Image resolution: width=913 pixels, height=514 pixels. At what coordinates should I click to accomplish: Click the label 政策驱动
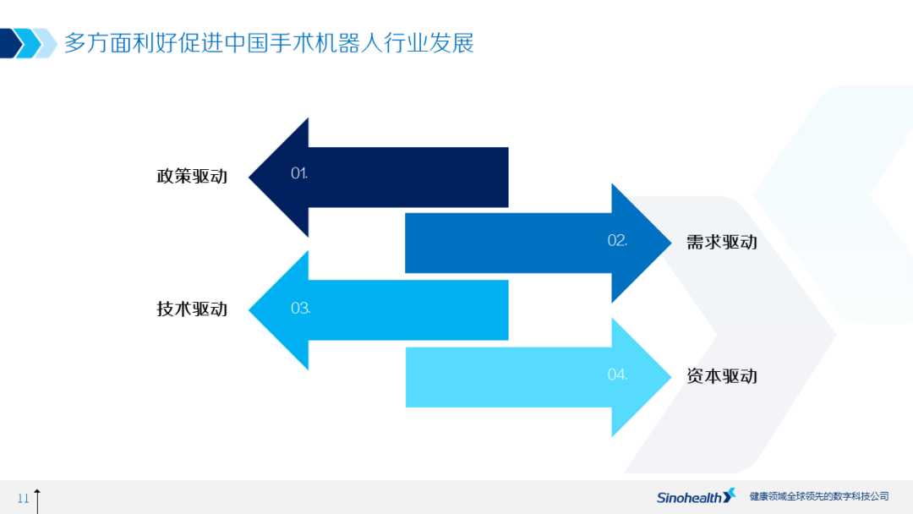click(192, 177)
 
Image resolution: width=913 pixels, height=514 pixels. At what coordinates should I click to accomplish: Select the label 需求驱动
click(721, 242)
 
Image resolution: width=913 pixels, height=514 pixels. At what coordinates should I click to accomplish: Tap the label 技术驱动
click(192, 309)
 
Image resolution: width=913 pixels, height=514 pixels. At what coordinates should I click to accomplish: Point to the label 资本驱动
click(721, 376)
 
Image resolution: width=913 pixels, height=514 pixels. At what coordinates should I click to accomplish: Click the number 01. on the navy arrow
click(299, 173)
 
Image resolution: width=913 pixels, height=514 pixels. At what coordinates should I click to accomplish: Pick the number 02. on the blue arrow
click(617, 240)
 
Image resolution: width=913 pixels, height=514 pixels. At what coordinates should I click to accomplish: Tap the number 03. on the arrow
click(300, 308)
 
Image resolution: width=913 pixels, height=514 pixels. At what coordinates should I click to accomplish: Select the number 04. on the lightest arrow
click(617, 375)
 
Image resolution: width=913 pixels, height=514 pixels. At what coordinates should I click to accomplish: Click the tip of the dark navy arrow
click(249, 177)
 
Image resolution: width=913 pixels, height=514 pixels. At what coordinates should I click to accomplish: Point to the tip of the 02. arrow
click(671, 243)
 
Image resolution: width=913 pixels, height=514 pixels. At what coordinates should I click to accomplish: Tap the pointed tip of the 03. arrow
click(249, 309)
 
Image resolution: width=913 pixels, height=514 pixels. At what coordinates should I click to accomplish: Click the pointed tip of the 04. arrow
click(671, 377)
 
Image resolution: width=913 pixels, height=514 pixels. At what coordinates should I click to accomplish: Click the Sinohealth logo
click(696, 496)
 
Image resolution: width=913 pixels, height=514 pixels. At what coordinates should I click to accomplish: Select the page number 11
click(24, 498)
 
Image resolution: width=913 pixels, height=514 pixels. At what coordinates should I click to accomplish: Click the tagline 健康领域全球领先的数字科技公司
click(819, 496)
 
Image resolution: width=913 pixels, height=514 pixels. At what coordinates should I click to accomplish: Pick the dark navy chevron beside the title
click(11, 43)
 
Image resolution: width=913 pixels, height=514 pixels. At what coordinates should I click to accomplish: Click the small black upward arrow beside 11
click(37, 501)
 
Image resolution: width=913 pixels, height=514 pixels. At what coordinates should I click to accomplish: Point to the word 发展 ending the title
click(451, 43)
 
